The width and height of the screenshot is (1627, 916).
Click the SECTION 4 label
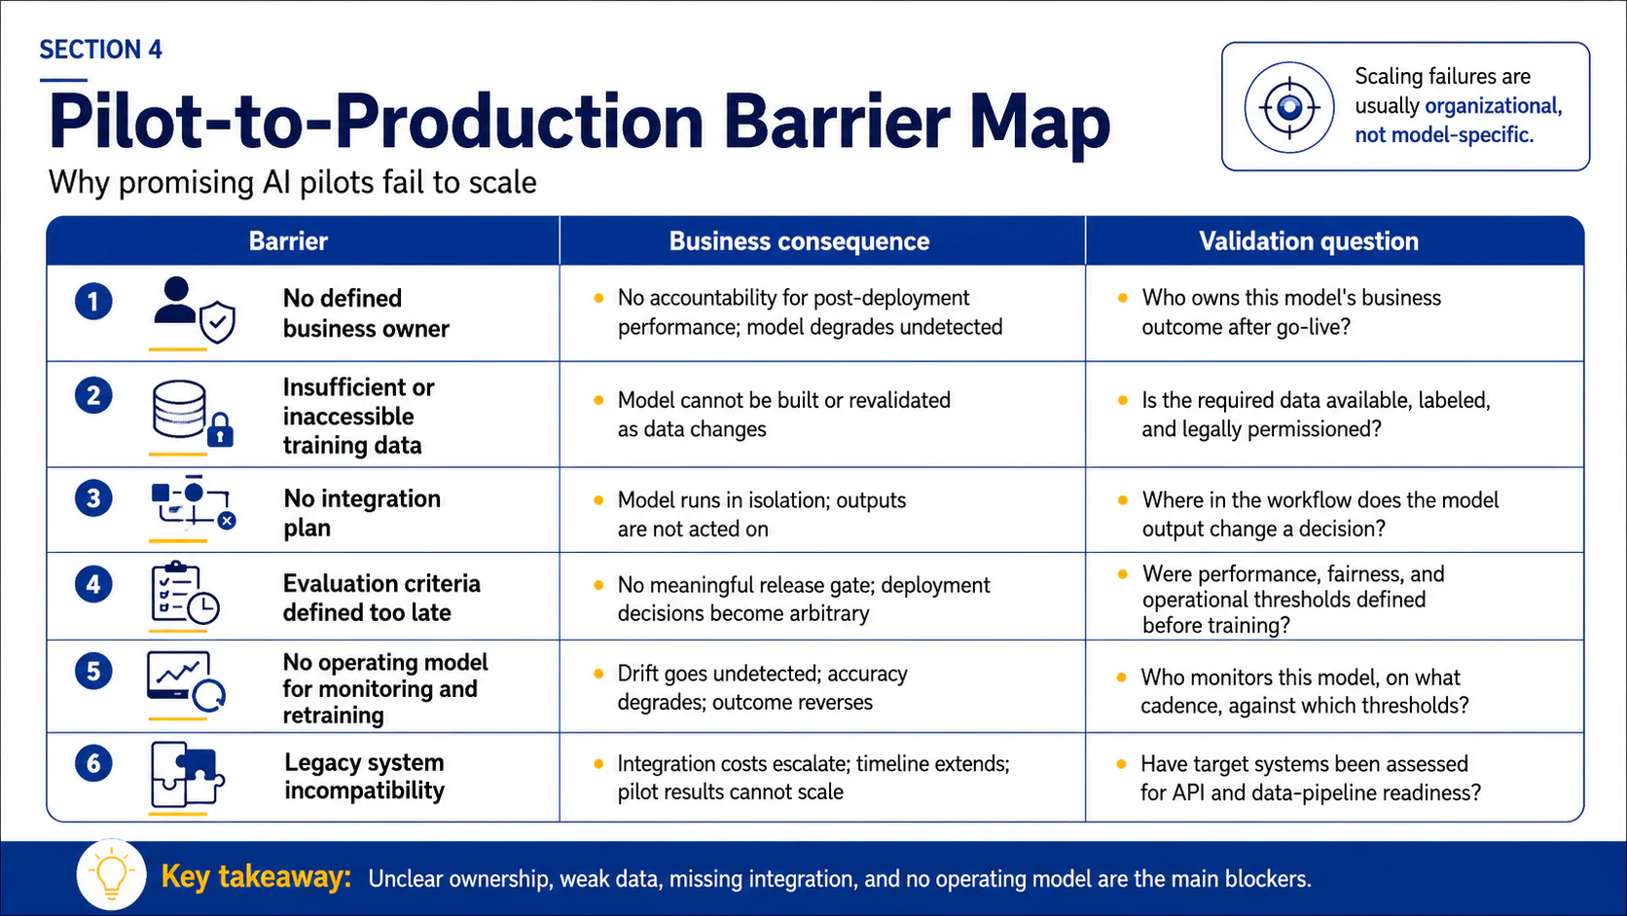pos(101,50)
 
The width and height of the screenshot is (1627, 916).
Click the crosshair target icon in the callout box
pos(1289,107)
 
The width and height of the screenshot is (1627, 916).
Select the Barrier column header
pos(288,241)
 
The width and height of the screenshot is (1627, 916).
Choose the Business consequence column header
pos(799,241)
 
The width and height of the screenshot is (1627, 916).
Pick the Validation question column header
pos(1309,241)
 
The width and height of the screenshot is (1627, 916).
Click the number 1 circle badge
pos(93,302)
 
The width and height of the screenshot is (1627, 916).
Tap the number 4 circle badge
pos(93,585)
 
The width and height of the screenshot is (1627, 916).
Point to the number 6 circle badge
pos(93,763)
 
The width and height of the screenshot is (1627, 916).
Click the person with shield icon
pos(194,310)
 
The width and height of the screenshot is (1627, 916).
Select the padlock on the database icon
pos(220,430)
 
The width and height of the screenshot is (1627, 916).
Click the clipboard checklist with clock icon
pos(185,593)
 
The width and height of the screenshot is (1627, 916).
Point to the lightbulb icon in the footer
pos(111,874)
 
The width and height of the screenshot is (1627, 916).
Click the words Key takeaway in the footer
pos(256,877)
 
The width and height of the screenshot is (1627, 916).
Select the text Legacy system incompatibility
pos(365,777)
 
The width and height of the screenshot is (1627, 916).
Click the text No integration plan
pos(362,513)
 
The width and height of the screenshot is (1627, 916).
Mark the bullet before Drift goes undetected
pos(598,675)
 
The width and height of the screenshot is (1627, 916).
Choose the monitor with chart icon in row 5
pos(186,680)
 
